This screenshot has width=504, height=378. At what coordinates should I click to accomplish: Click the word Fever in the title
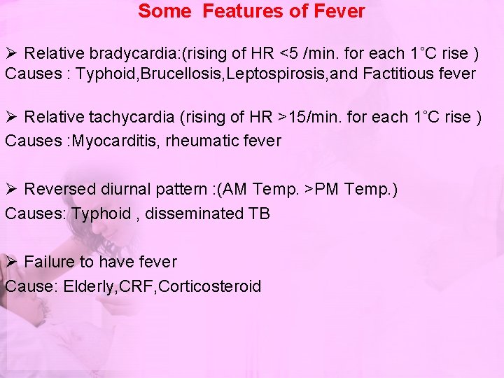click(340, 11)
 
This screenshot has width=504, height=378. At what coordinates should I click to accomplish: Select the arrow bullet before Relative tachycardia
click(10, 118)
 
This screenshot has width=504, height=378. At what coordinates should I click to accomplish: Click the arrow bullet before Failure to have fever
click(10, 262)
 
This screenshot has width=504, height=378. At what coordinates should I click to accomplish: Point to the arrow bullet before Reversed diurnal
click(10, 190)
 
